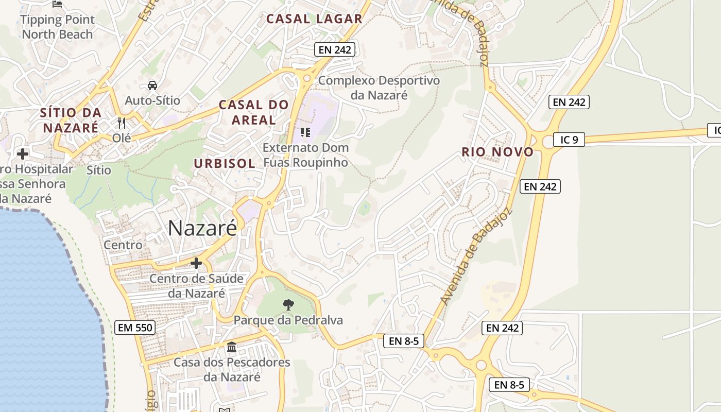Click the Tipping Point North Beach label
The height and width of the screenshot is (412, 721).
click(x=57, y=27)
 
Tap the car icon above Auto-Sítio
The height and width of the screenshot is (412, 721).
click(x=152, y=85)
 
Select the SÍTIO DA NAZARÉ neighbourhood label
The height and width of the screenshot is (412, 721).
click(x=71, y=120)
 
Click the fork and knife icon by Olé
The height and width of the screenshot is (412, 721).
click(x=122, y=123)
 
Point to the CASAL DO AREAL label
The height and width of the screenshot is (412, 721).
click(x=254, y=112)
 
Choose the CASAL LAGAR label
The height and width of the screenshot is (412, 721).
click(x=314, y=19)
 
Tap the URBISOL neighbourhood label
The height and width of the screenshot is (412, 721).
click(x=225, y=164)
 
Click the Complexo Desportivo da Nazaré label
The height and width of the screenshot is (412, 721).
click(x=379, y=88)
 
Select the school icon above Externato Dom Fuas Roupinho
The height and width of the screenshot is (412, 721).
click(x=305, y=132)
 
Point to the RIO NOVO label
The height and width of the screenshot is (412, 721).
click(x=497, y=152)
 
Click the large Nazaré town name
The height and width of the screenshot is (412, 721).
click(x=202, y=228)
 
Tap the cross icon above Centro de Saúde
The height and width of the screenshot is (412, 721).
click(x=196, y=264)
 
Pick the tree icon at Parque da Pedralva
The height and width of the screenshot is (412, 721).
click(x=288, y=305)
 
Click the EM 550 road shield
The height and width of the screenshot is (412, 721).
click(x=135, y=328)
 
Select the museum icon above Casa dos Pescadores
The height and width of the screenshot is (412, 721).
click(x=232, y=348)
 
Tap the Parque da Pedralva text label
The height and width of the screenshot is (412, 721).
click(x=288, y=320)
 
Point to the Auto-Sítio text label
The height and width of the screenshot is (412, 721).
click(x=153, y=100)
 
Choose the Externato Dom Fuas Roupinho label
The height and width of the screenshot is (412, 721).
click(x=306, y=155)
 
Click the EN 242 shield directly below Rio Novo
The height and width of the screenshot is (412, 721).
click(x=540, y=186)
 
